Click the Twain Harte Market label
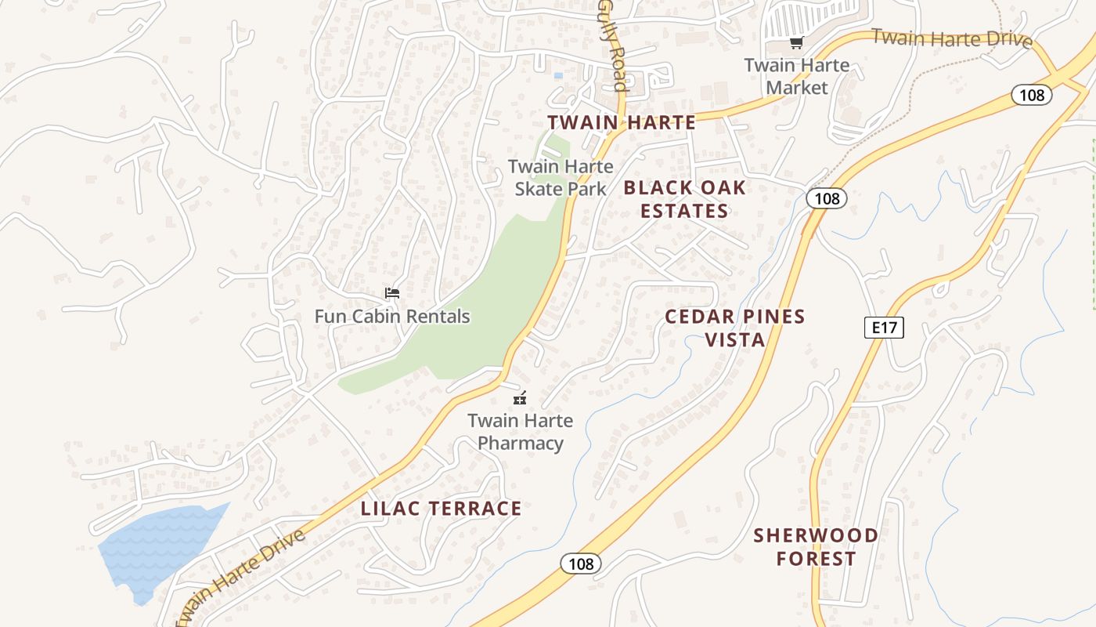[x=796, y=76]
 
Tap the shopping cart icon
[x=796, y=43]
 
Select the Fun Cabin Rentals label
[x=392, y=317]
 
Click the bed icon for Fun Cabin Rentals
[x=392, y=293]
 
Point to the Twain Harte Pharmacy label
[x=520, y=432]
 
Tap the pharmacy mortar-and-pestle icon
[x=520, y=398]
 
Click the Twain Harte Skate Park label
[x=561, y=177]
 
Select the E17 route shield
[x=884, y=327]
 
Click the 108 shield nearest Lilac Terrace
[x=581, y=564]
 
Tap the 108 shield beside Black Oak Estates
[x=827, y=198]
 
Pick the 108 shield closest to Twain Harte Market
[x=1032, y=95]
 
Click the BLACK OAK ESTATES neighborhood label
[x=684, y=199]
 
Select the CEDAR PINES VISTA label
[x=734, y=328]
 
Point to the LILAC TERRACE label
[x=441, y=509]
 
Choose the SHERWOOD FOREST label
[x=816, y=547]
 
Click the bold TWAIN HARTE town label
[x=622, y=122]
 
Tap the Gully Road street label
[x=614, y=45]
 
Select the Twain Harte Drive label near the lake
[x=239, y=578]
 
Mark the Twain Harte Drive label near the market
[x=951, y=38]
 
